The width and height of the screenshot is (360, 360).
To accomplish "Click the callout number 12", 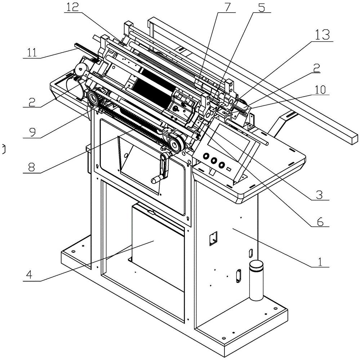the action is point(72,7).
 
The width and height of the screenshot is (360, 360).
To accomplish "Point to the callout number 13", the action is point(323,35).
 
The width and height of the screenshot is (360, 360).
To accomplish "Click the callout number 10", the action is point(320,90).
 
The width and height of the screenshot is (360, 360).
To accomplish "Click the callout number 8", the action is point(31,167).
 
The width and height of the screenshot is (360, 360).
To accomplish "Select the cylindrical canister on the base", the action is point(256,280).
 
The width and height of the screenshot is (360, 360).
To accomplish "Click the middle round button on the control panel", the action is point(214,161).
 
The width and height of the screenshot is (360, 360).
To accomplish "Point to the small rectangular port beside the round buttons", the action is point(228,169).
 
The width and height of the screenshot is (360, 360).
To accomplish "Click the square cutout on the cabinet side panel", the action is point(213,239).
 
